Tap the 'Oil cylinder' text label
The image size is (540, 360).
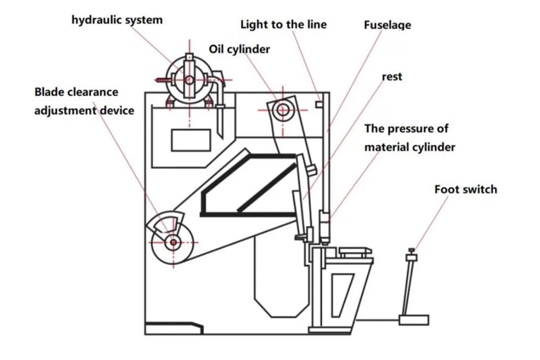(239, 49)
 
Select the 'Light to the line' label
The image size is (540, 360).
(283, 24)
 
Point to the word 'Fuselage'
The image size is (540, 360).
(387, 25)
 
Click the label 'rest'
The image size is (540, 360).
(391, 77)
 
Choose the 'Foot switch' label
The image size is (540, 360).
(466, 189)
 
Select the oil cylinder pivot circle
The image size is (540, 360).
(283, 109)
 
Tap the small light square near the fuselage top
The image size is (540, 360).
(319, 105)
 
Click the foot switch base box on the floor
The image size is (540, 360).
(414, 320)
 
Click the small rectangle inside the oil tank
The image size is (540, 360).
(191, 140)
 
